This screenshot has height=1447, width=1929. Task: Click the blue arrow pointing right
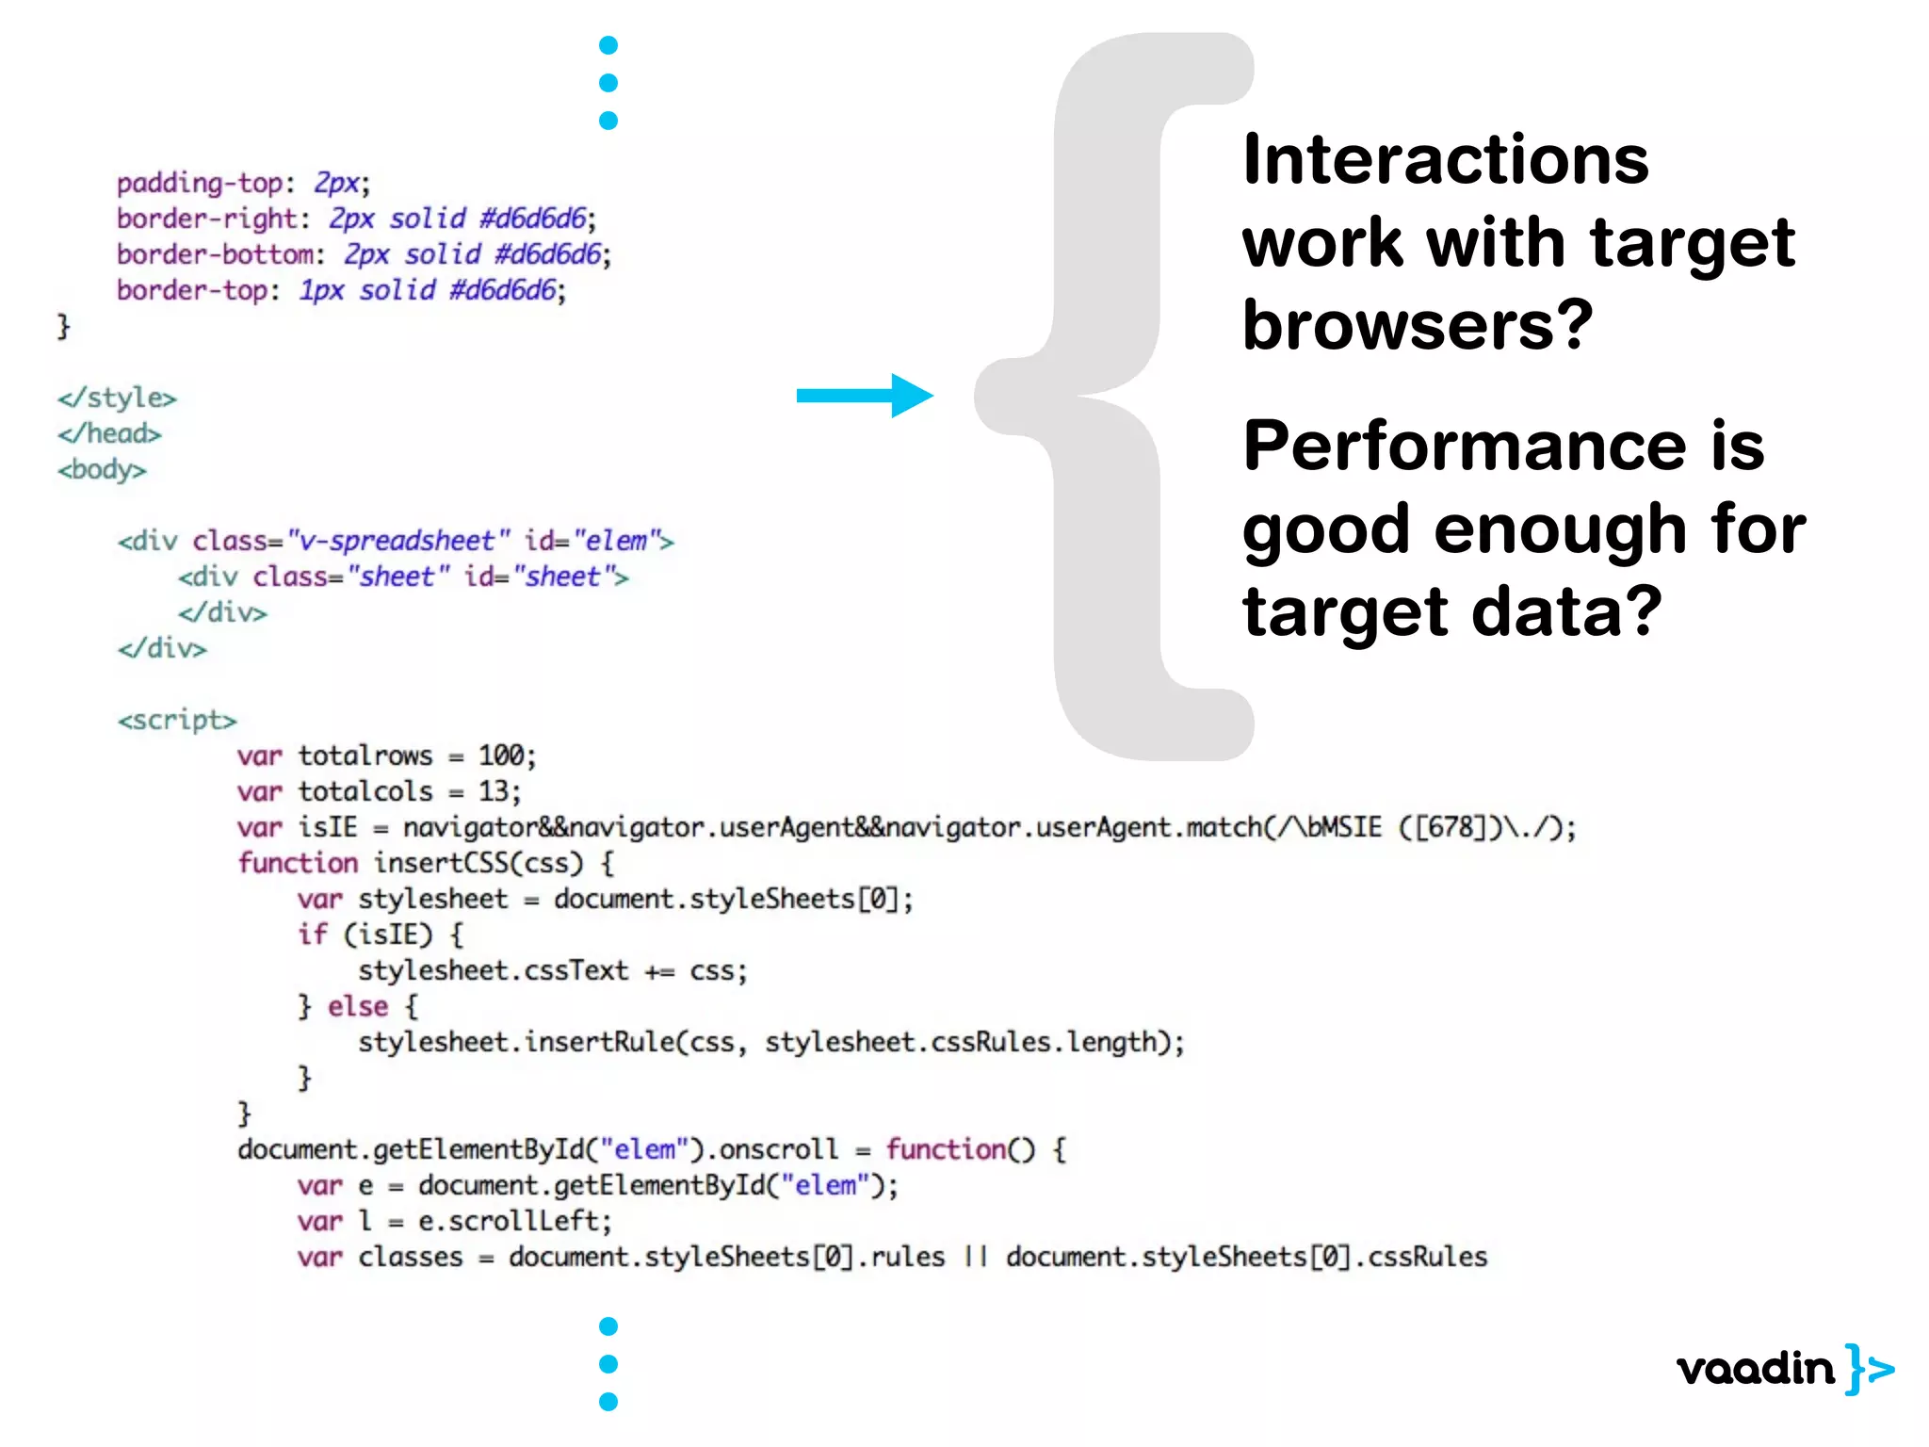864,396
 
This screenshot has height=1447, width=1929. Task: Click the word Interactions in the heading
1445,160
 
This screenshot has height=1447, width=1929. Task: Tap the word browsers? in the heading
1417,325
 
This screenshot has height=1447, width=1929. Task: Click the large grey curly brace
1111,396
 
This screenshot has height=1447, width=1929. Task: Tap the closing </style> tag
117,398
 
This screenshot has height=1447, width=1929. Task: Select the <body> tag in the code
102,469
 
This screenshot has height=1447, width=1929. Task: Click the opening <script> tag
177,720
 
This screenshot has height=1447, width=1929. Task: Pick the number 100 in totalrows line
500,756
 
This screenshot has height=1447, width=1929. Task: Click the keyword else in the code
358,1006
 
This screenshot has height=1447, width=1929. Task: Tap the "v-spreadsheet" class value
397,541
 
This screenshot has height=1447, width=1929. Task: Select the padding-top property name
200,183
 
